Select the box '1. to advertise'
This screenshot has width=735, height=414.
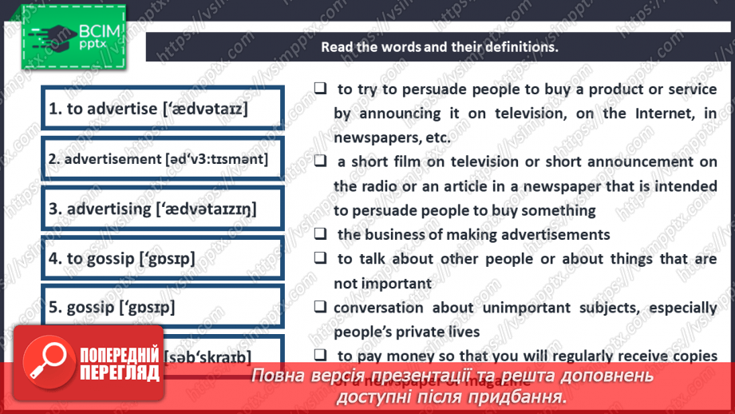[x=164, y=109]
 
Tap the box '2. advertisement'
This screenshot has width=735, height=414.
[x=164, y=158]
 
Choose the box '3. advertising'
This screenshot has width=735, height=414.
[x=164, y=209]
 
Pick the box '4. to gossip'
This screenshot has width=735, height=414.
[x=164, y=258]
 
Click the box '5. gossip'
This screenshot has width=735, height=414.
[x=164, y=307]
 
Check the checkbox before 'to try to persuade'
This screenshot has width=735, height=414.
[x=320, y=89]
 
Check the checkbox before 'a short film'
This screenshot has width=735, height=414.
[x=320, y=161]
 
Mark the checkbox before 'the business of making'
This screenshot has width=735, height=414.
[x=320, y=234]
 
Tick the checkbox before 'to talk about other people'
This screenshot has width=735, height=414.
[x=320, y=258]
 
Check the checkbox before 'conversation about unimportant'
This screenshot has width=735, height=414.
[x=320, y=307]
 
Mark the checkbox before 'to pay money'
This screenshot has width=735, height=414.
[x=320, y=355]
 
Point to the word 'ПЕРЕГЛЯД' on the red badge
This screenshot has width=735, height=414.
[x=118, y=372]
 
